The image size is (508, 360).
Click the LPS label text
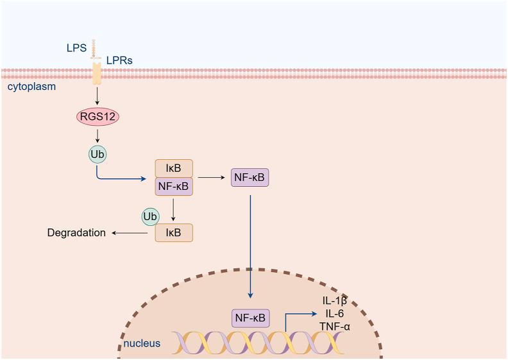pos(76,47)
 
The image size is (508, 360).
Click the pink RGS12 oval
pos(97,117)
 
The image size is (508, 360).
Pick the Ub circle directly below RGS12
pos(96,154)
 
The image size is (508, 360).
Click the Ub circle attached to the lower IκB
pos(151,216)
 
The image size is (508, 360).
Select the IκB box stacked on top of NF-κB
pos(174,168)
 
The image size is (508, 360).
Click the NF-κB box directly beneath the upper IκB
pos(174,187)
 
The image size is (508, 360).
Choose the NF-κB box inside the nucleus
pos(250,317)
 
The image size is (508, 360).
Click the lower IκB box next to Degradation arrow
pos(174,232)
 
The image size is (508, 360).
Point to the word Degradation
pos(76,232)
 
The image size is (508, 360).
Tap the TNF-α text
pos(334,327)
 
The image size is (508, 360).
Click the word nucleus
pos(142,343)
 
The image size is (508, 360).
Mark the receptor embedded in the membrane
pos(97,73)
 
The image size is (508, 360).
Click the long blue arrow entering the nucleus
pos(250,244)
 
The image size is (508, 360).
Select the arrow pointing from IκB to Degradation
pos(132,232)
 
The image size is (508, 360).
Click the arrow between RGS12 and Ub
pos(97,136)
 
